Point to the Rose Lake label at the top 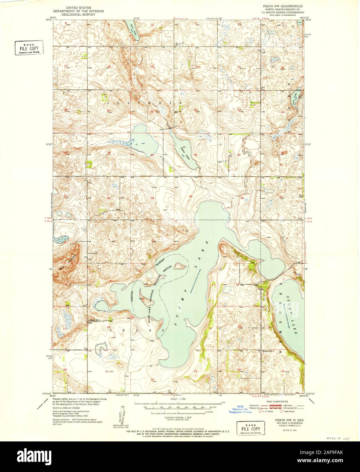point(133,29)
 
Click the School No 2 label point(96,320)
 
